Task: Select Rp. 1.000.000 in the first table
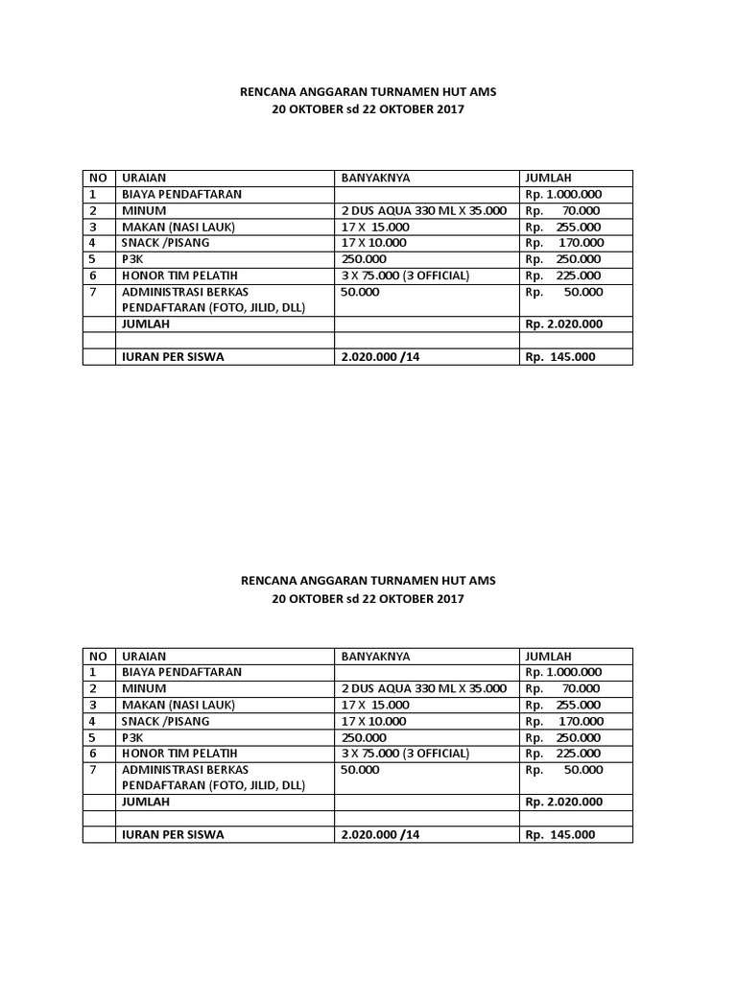563,194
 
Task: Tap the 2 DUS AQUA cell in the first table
422,210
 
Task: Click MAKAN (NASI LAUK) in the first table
177,227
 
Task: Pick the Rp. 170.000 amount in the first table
563,243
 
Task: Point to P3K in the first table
131,259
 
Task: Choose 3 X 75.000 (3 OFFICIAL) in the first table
405,276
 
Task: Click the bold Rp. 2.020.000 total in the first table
563,324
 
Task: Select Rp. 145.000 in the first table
559,357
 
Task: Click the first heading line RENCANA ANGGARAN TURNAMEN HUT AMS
368,93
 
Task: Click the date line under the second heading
368,598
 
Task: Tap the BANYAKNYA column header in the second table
375,657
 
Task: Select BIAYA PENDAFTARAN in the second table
180,673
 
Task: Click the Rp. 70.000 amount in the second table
563,689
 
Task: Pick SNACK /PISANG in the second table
164,721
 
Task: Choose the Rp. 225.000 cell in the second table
563,754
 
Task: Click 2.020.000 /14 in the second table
380,835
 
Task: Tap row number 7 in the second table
93,770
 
